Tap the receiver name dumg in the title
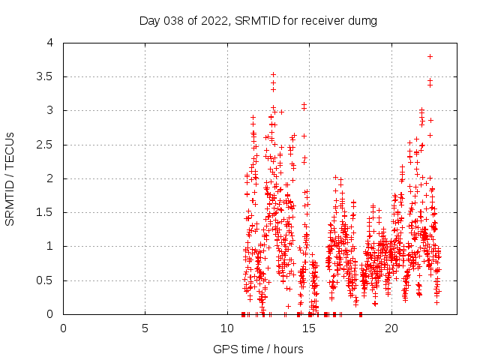click(x=362, y=20)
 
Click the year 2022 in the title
click(x=214, y=20)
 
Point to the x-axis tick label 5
click(x=145, y=328)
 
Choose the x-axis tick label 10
click(x=227, y=328)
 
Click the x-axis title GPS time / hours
click(x=258, y=349)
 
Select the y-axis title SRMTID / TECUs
click(x=10, y=178)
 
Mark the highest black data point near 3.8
click(x=430, y=56)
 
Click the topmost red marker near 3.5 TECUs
click(x=273, y=75)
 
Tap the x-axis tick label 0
click(x=63, y=328)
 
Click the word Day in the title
click(x=150, y=20)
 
